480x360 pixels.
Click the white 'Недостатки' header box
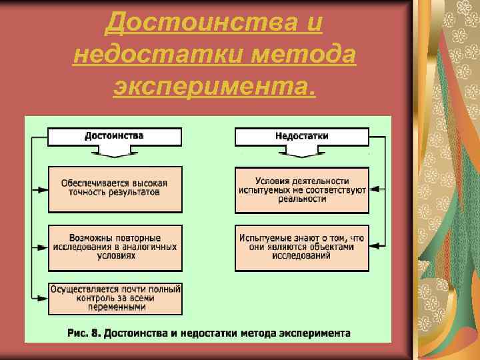(301, 136)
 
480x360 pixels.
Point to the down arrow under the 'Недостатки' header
(302, 152)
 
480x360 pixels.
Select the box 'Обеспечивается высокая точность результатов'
(115, 189)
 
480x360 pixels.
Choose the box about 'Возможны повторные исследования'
(115, 247)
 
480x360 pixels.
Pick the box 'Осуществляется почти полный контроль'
(115, 298)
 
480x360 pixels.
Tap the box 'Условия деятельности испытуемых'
(302, 189)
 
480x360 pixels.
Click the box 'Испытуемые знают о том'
(302, 247)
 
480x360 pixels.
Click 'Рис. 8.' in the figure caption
(83, 331)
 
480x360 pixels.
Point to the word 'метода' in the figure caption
(260, 331)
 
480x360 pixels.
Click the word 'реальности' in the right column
(302, 199)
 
